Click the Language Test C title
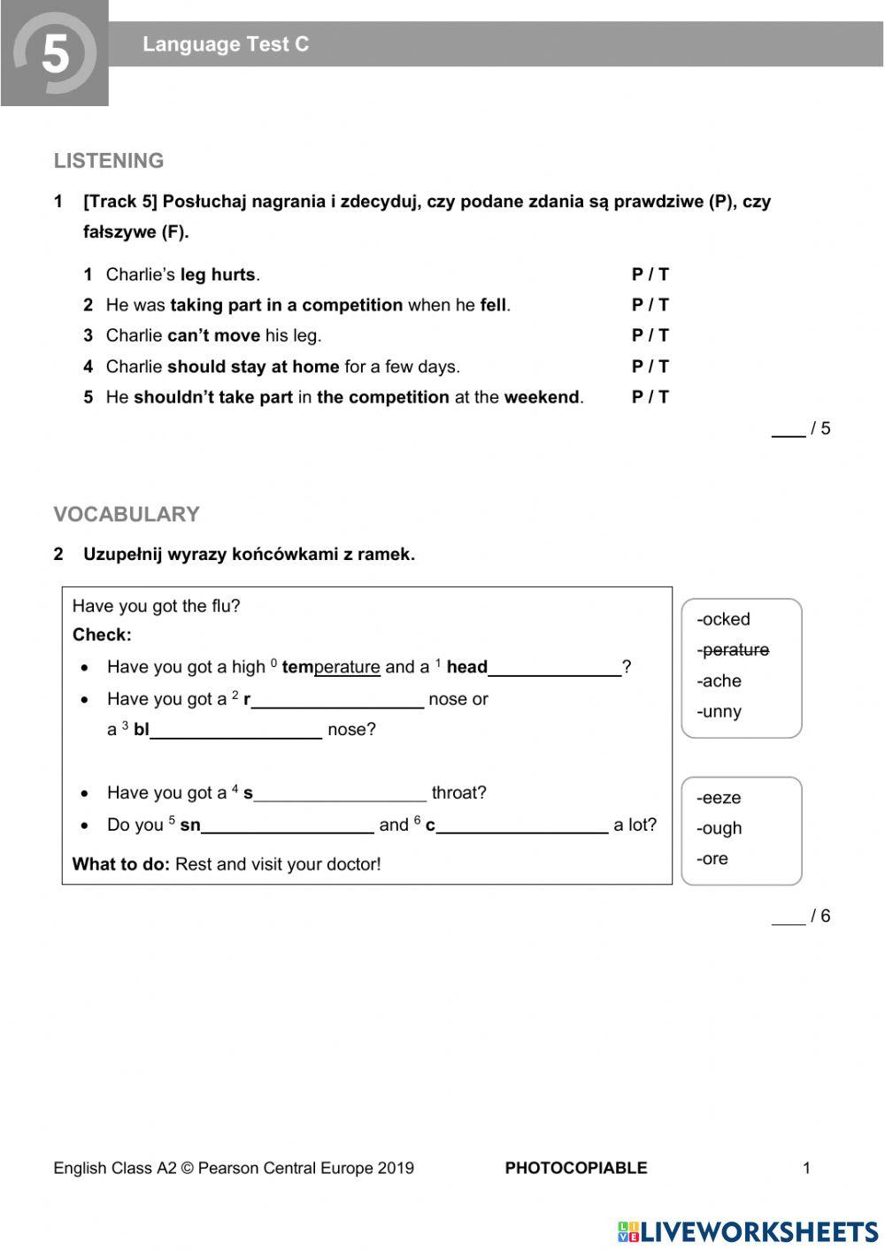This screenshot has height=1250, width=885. click(x=226, y=44)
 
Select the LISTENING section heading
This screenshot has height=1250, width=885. click(x=109, y=161)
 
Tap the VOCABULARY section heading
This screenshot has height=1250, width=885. click(x=127, y=514)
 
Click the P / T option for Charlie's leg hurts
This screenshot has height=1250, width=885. click(x=650, y=274)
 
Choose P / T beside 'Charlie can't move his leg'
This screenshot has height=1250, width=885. click(x=650, y=335)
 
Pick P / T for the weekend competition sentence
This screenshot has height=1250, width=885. click(x=650, y=397)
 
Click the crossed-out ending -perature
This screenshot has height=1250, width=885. click(x=733, y=650)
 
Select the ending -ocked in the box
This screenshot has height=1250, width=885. click(x=723, y=619)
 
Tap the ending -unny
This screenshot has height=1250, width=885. click(x=719, y=711)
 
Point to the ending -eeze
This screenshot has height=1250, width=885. click(x=719, y=798)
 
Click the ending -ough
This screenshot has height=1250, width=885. click(x=719, y=828)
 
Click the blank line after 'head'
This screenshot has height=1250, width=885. click(x=555, y=669)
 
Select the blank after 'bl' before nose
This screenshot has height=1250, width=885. click(x=236, y=731)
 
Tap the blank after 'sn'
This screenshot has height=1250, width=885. click(x=288, y=826)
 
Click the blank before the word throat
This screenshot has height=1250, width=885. click(x=340, y=794)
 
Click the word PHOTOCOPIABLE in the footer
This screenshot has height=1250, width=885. click(x=576, y=1168)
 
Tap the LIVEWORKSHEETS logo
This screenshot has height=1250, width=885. click(x=748, y=1231)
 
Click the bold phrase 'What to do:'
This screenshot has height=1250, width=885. click(x=120, y=864)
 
